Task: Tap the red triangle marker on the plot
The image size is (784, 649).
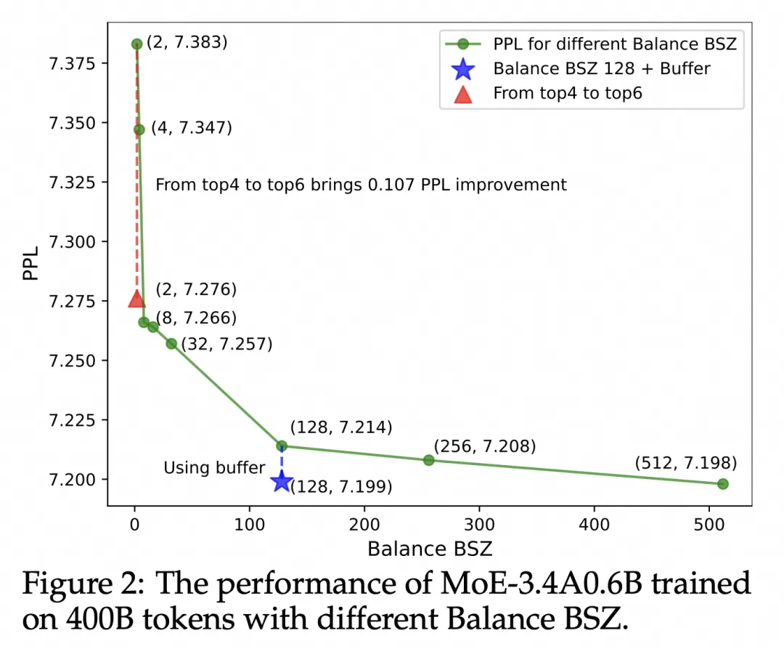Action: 136,298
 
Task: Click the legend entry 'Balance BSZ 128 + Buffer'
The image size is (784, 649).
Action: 601,69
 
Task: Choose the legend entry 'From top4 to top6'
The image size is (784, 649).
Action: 567,94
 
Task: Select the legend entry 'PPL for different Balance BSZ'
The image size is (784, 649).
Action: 614,44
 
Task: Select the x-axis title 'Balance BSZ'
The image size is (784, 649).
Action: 430,548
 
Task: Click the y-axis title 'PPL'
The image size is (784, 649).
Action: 30,265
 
